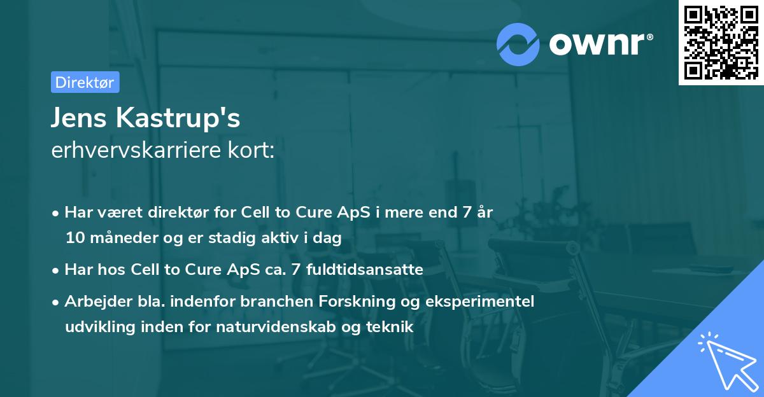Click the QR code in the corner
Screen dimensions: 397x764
pyautogui.click(x=721, y=43)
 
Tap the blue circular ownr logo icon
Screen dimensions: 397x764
pyautogui.click(x=518, y=45)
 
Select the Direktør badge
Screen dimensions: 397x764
pyautogui.click(x=85, y=83)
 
